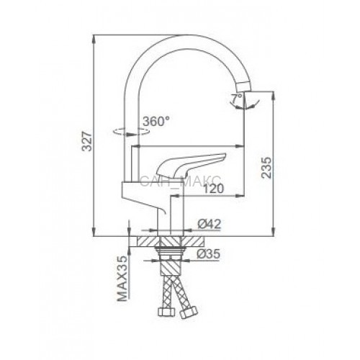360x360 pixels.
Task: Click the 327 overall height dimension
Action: pyautogui.click(x=87, y=142)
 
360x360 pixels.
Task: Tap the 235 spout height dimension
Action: pyautogui.click(x=266, y=168)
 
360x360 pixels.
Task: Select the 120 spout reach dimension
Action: pyautogui.click(x=213, y=189)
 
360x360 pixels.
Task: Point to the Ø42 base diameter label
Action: pyautogui.click(x=209, y=224)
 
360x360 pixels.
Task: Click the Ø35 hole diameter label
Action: pyautogui.click(x=208, y=254)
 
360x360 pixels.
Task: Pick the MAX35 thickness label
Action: pyautogui.click(x=122, y=279)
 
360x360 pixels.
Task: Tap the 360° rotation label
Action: pyautogui.click(x=156, y=121)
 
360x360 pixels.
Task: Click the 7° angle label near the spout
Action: pyautogui.click(x=237, y=99)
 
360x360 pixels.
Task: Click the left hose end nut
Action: pyautogui.click(x=166, y=312)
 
